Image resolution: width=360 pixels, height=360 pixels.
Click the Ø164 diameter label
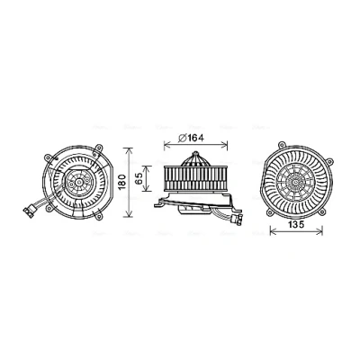(191, 138)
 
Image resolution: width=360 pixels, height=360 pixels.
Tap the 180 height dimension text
(121, 182)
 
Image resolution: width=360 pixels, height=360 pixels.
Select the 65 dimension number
(139, 178)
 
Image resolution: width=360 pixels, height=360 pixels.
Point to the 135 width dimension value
(296, 224)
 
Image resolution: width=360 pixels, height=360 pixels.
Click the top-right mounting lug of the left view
(98, 148)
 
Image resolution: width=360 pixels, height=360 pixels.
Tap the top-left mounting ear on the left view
(48, 157)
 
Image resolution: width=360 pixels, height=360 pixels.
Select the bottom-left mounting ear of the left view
(49, 208)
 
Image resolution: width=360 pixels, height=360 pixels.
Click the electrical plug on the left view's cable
(29, 212)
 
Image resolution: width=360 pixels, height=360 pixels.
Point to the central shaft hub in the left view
(79, 182)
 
